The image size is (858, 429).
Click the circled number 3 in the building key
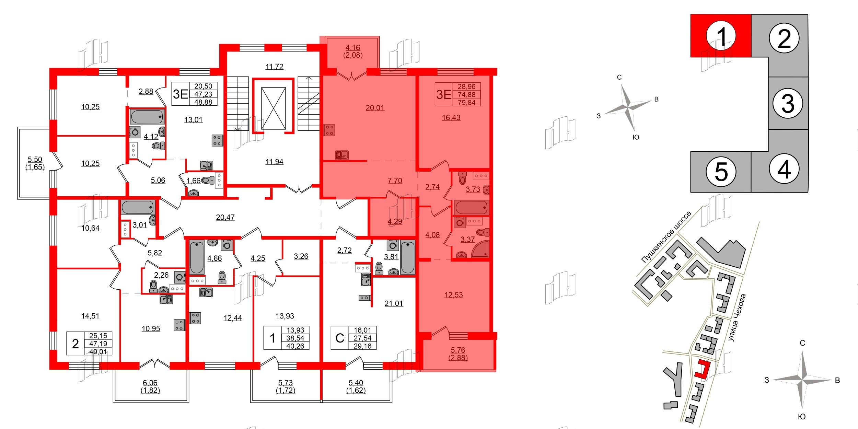[788, 103]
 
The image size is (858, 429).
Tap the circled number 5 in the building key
[721, 172]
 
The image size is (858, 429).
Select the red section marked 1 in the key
[721, 36]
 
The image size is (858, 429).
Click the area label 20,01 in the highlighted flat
[375, 108]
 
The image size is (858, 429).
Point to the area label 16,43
[451, 118]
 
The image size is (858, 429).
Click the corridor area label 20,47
[225, 217]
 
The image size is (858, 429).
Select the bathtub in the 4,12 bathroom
[147, 117]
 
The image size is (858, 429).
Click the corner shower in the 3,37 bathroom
[480, 249]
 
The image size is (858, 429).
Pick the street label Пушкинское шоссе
[666, 237]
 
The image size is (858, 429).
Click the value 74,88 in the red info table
[466, 94]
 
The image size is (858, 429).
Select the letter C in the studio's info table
[340, 338]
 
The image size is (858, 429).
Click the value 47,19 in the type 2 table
[98, 344]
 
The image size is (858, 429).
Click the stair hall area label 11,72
[274, 67]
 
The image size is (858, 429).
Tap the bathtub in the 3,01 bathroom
[138, 208]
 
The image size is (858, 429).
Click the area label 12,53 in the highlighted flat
[453, 295]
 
